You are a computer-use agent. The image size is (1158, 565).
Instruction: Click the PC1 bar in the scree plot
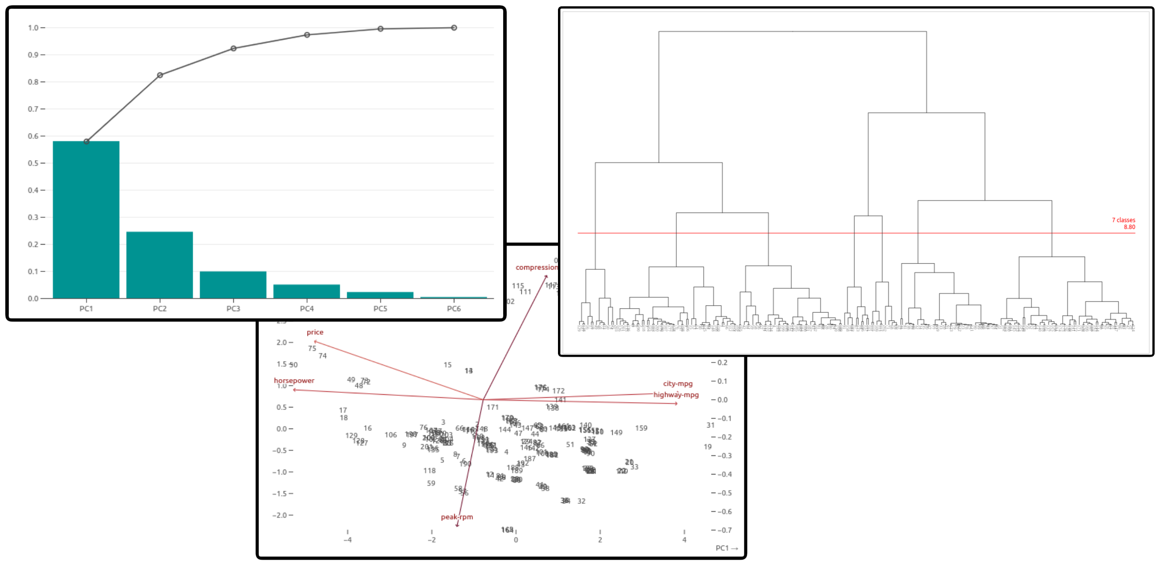point(86,220)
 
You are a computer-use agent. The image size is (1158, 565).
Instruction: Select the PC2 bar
point(159,265)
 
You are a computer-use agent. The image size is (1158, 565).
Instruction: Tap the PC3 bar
point(233,285)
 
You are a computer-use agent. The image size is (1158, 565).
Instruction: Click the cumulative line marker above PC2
point(160,75)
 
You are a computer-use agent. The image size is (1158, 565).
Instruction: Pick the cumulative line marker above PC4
point(307,35)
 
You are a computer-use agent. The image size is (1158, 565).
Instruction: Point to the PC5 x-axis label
point(380,309)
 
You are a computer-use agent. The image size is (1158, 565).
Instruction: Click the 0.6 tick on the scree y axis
point(33,136)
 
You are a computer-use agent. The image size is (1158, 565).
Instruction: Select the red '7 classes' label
point(1123,220)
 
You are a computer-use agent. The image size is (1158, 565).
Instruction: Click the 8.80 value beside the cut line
point(1129,227)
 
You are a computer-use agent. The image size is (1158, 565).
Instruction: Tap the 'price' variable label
point(315,332)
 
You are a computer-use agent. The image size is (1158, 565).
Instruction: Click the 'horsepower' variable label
point(294,381)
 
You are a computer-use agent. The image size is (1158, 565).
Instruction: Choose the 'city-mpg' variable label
point(678,384)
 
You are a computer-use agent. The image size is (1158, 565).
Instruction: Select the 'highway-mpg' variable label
point(676,395)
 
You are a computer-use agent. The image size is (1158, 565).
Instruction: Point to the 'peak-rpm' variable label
point(457,517)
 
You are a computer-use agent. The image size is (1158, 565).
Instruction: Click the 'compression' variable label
point(536,267)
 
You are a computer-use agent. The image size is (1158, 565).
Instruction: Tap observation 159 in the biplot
point(641,428)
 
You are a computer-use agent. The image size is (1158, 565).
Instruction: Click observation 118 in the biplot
point(429,471)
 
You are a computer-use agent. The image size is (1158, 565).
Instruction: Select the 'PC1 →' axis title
point(727,548)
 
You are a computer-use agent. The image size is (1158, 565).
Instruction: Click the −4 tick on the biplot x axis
point(348,540)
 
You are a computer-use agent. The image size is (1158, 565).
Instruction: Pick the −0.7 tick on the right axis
point(721,530)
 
